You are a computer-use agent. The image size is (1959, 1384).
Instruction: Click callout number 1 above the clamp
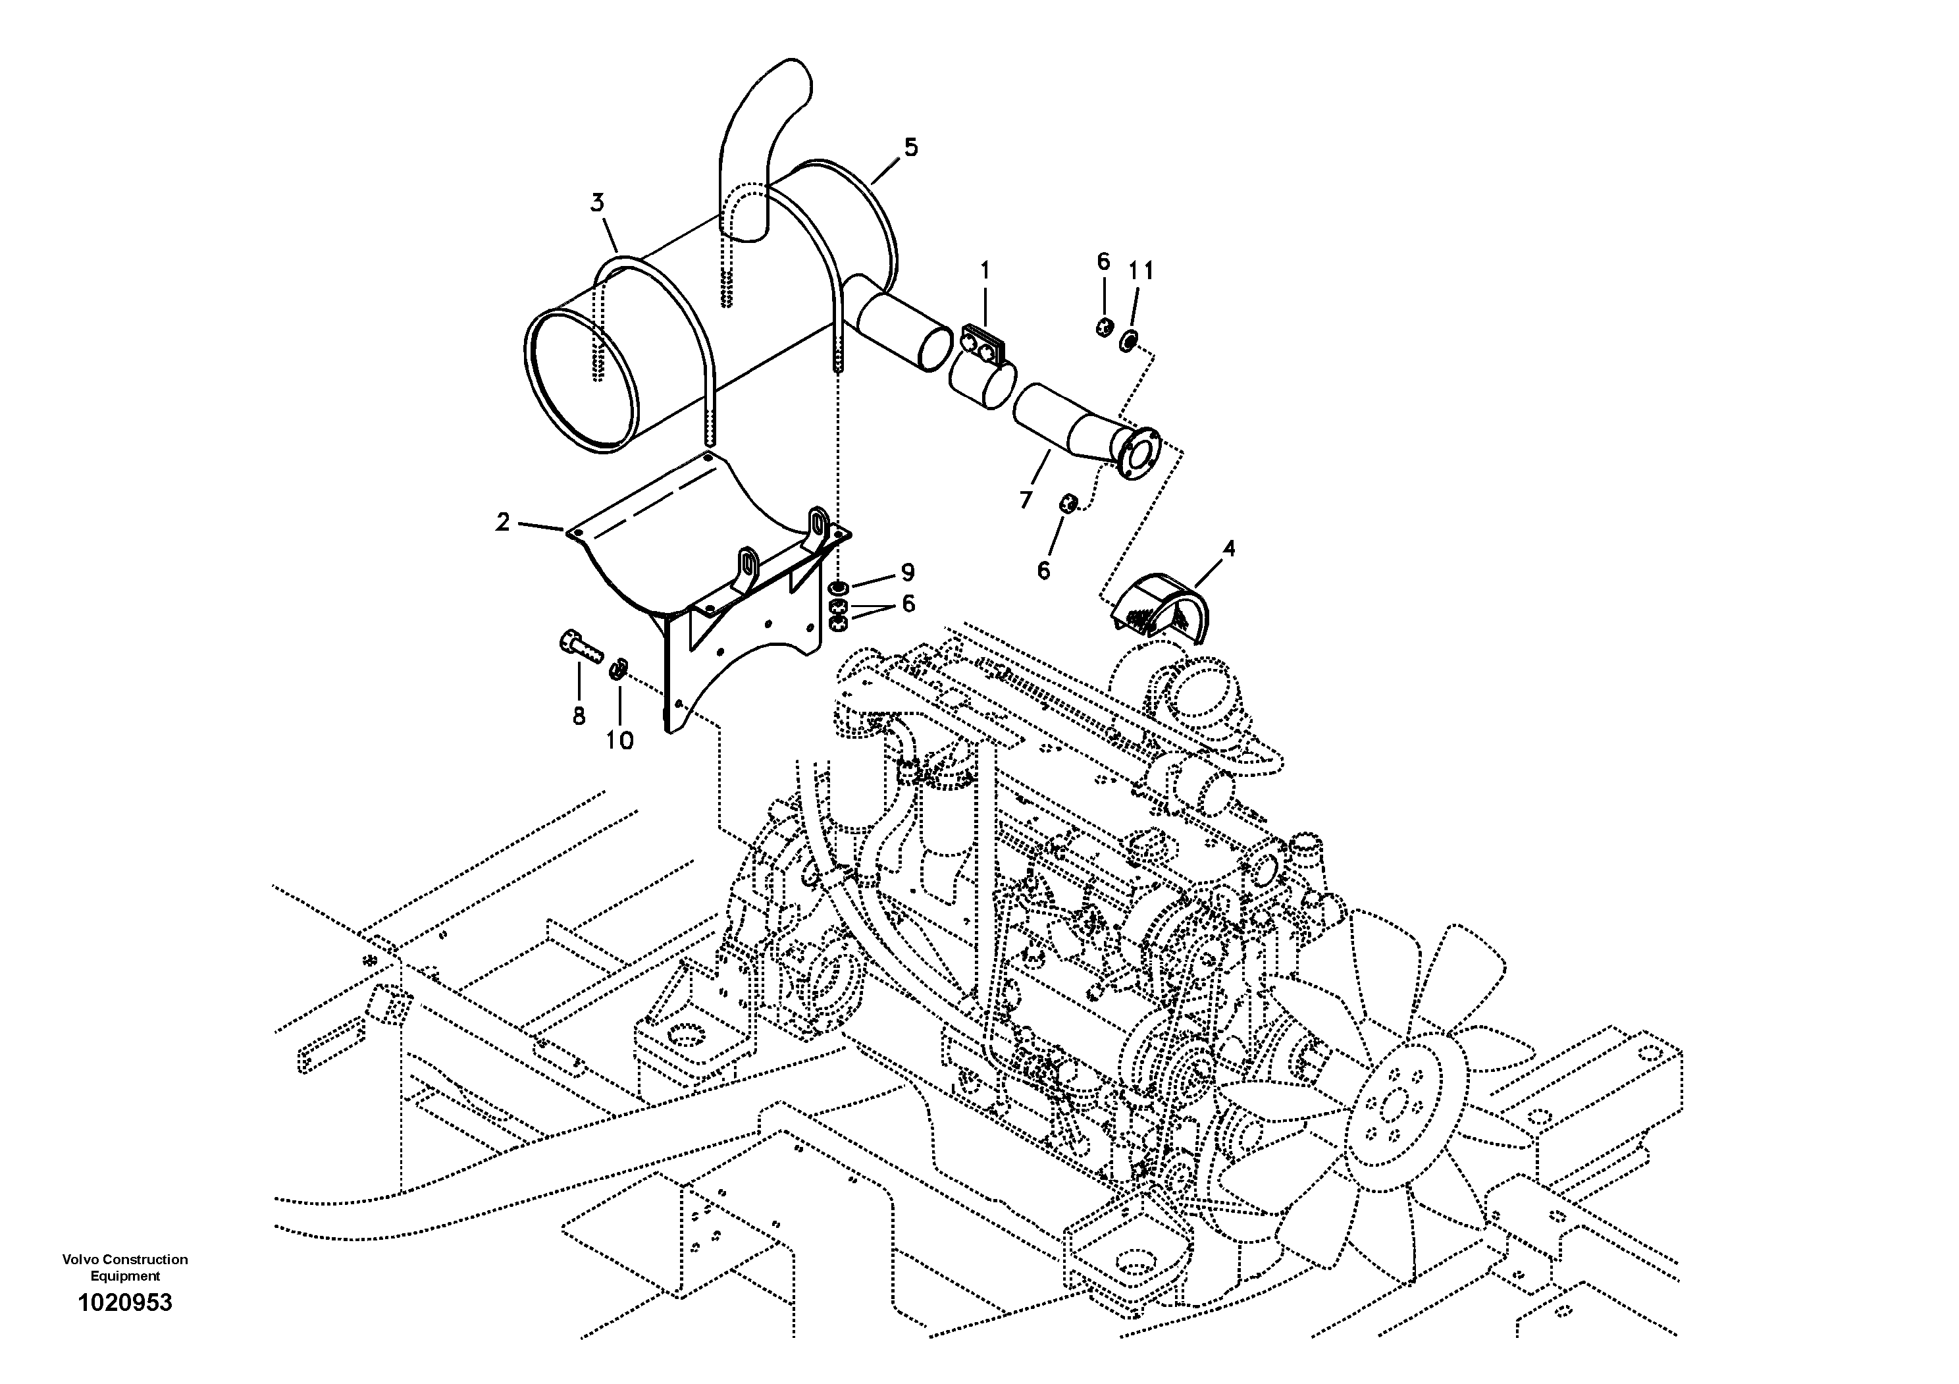985,271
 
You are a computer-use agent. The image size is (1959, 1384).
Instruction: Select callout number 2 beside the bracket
502,521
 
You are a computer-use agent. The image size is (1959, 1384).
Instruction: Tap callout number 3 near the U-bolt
597,203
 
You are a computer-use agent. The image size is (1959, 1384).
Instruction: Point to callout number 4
1228,548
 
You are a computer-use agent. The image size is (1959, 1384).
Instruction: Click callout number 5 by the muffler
911,147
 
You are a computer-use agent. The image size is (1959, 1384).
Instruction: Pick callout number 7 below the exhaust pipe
1026,499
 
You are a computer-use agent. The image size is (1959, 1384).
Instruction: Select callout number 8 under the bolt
579,716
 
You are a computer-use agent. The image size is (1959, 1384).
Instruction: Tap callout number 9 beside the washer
907,572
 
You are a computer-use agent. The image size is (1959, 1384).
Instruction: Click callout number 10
619,741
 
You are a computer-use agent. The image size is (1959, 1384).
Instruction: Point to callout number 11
1141,271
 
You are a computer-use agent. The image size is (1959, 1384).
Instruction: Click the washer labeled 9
839,588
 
